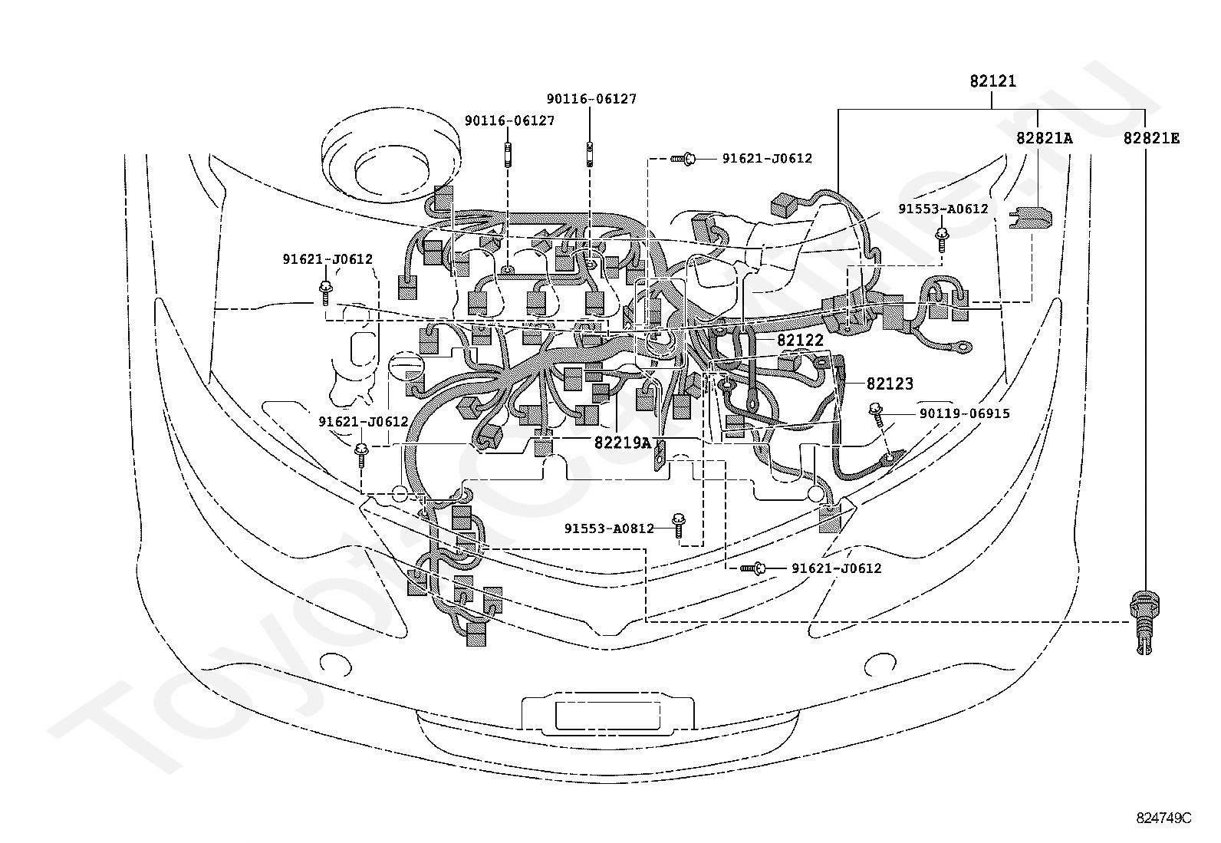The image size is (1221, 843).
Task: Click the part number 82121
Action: [992, 81]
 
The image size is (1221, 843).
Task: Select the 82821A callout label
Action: [1044, 139]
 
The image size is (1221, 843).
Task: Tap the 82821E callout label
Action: [1151, 139]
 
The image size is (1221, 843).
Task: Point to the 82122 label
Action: [800, 341]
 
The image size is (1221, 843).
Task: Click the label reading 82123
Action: [890, 384]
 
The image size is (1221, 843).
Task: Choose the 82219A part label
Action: [623, 443]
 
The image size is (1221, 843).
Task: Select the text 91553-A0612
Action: [943, 209]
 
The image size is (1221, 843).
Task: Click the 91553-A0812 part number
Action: [609, 529]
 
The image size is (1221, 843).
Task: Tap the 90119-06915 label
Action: [964, 414]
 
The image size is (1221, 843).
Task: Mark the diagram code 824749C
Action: [1163, 818]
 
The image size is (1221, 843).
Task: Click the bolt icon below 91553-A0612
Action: [942, 240]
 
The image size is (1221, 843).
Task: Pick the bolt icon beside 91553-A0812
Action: [679, 525]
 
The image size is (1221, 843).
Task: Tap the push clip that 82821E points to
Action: [1144, 623]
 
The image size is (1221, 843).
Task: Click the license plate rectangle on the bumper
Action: [607, 716]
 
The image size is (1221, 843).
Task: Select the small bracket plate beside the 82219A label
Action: [660, 456]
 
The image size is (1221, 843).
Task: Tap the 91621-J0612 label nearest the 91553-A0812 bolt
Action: [836, 568]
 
